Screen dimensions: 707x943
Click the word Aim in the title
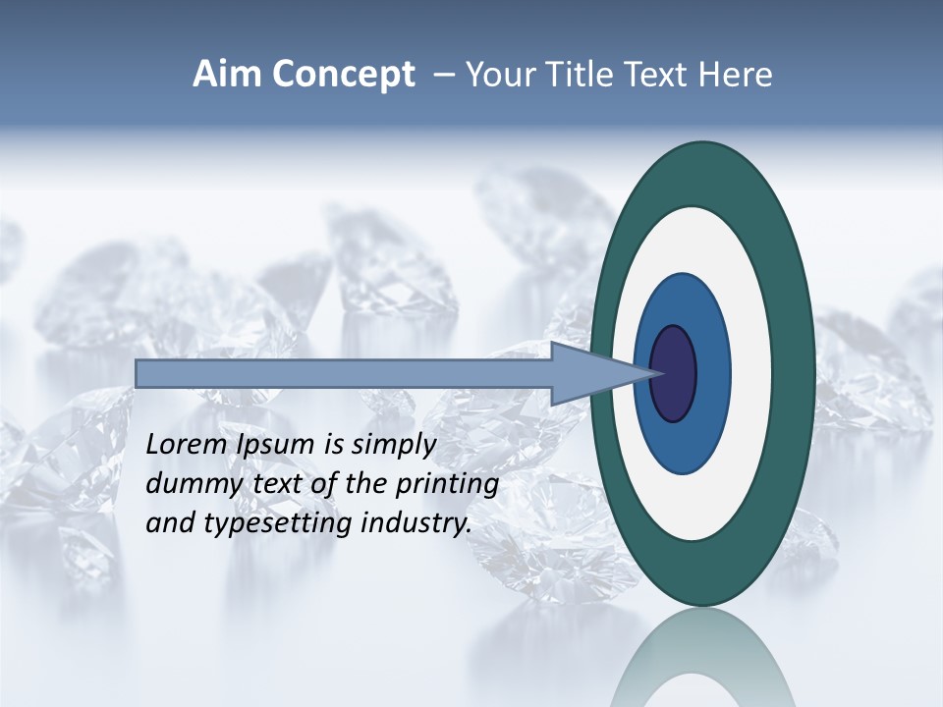227,75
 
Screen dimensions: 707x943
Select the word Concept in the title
343,76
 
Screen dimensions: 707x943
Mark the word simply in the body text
392,446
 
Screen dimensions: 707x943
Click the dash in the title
443,76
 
